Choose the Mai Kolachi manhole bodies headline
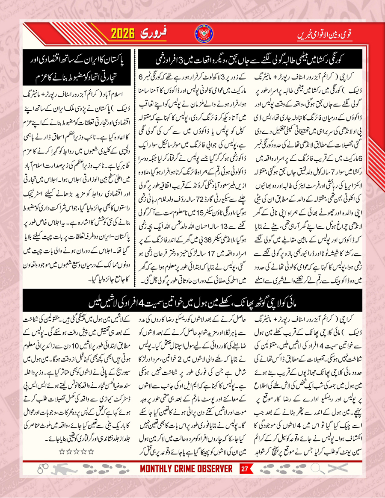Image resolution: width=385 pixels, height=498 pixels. coord(192,304)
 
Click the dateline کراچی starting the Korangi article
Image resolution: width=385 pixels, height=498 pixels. coord(366,80)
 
